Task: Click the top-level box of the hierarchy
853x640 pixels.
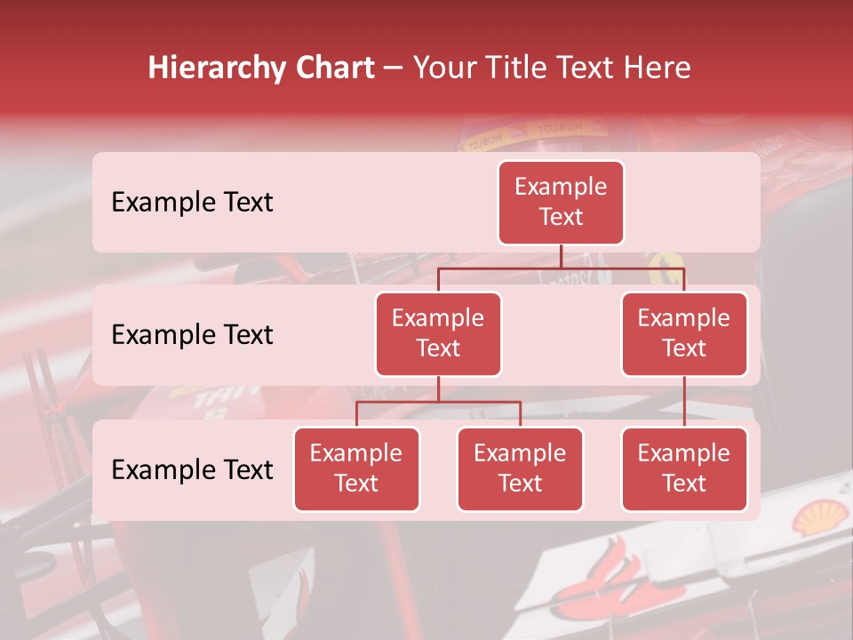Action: click(x=561, y=202)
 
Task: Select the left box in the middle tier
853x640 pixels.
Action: click(x=438, y=333)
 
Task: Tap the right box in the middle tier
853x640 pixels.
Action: click(x=684, y=333)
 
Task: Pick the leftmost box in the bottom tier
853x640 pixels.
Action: click(x=356, y=468)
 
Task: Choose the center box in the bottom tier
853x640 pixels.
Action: click(x=520, y=468)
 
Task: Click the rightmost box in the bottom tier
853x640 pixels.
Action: click(x=684, y=468)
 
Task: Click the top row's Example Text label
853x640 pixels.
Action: click(x=192, y=203)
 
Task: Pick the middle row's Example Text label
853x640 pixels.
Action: click(x=192, y=335)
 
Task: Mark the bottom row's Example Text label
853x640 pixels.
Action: click(x=192, y=470)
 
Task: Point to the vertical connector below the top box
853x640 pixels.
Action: click(x=561, y=256)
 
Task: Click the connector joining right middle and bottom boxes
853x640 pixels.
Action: click(x=684, y=401)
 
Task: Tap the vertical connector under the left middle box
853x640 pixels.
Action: click(x=438, y=388)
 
